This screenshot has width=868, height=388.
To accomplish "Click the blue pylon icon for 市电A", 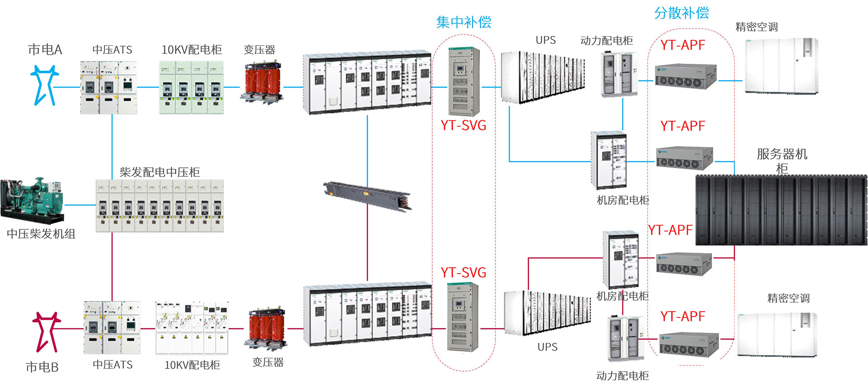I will (x=44, y=85).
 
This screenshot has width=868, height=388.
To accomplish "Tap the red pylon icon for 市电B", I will (x=46, y=331).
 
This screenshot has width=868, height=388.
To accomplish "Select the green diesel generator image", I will (x=32, y=201).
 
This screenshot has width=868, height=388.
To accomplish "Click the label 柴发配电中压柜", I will (x=160, y=172).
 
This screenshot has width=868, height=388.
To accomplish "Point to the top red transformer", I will (x=262, y=83).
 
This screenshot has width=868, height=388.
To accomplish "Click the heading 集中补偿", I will (x=463, y=22).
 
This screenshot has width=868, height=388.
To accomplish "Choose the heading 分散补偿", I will (x=681, y=13).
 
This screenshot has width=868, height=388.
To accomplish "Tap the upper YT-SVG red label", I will (x=463, y=125).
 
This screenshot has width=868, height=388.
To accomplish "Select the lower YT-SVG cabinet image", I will (x=462, y=317).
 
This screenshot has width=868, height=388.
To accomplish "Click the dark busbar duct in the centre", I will (x=368, y=194).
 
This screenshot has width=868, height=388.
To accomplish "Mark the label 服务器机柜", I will (x=782, y=161).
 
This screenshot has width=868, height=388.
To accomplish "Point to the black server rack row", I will (x=781, y=210).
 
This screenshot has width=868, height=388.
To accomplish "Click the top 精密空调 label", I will (x=756, y=27).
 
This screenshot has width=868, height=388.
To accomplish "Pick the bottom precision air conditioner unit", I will (x=777, y=335).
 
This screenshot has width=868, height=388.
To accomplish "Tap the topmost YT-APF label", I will (x=683, y=45).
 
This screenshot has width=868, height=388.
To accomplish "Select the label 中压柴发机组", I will (x=41, y=234).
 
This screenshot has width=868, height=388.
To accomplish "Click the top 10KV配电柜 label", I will (x=192, y=50).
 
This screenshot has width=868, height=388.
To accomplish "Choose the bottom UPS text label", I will (x=547, y=347).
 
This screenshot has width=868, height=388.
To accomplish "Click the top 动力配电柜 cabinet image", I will (x=619, y=75).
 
